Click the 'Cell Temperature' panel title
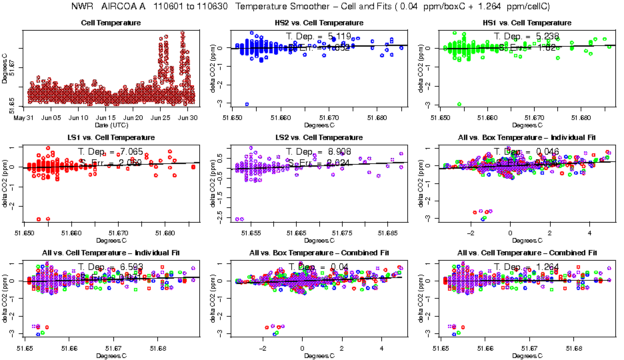coord(111,23)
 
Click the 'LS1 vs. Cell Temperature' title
coord(111,137)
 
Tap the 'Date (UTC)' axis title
coord(111,125)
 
